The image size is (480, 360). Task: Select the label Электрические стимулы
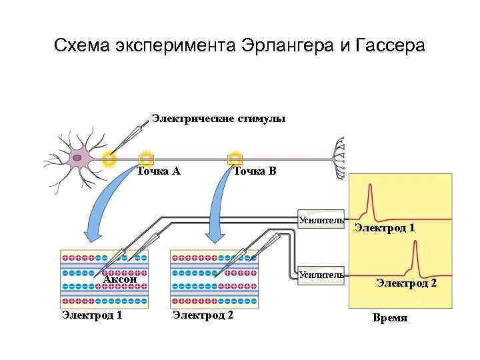(x=219, y=119)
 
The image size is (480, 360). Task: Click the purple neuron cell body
(x=79, y=159)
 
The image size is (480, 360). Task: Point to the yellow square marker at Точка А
(x=146, y=159)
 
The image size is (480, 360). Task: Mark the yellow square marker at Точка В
(x=235, y=159)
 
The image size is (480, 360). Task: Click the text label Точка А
(x=159, y=171)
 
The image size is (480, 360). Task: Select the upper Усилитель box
(x=321, y=220)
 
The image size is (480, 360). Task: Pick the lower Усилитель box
(x=321, y=275)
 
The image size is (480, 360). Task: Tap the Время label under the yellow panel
(x=390, y=318)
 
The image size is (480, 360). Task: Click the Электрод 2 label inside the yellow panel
(x=406, y=283)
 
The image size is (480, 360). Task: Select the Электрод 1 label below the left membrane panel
(x=91, y=315)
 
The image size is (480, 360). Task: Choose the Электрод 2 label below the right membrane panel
(x=203, y=315)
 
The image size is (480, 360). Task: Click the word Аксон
(x=120, y=279)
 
